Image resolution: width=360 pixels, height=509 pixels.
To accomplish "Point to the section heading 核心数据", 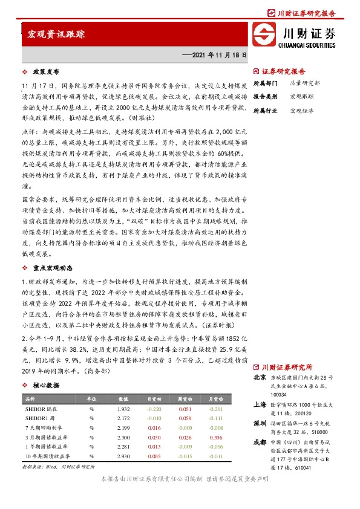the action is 46,384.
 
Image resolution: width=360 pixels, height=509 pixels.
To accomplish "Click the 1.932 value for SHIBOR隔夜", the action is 123,410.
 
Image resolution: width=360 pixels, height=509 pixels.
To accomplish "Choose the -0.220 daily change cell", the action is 155,410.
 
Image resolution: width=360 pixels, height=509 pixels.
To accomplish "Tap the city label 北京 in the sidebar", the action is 260,378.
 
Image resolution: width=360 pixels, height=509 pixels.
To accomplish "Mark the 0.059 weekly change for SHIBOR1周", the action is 185,419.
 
